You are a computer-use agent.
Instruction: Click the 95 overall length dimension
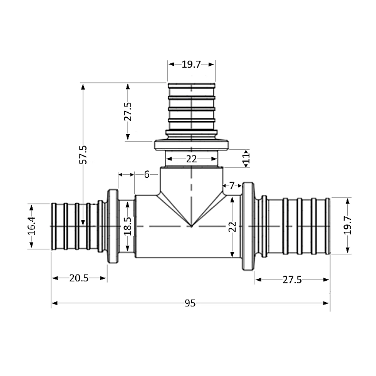[190, 303]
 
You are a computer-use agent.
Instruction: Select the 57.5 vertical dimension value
[83, 154]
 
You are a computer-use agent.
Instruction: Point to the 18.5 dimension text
[128, 226]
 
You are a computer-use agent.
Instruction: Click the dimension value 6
[147, 174]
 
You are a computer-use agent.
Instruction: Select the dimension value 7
[232, 185]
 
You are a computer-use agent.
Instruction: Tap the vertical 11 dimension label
[246, 159]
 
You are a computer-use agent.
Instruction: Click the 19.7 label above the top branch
[191, 63]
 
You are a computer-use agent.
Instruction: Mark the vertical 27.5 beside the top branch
[128, 112]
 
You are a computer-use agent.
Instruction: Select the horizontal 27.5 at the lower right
[291, 279]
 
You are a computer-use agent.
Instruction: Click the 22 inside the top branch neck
[191, 159]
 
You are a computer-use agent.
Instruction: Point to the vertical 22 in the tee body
[232, 226]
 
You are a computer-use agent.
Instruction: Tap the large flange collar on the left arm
[113, 226]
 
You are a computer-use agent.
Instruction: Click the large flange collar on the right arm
[248, 226]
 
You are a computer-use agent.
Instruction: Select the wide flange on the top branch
[191, 145]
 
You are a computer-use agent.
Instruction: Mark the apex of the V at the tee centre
[191, 226]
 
